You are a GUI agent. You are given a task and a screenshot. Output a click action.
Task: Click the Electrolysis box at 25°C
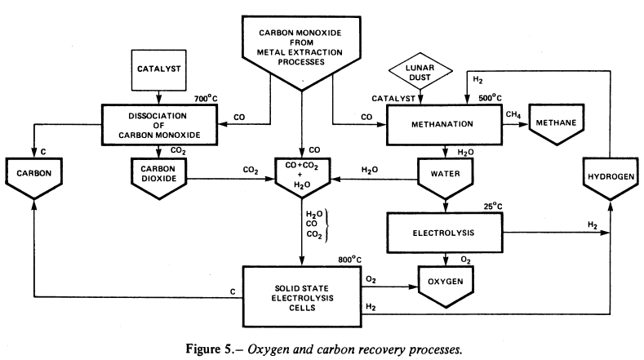pyautogui.click(x=442, y=232)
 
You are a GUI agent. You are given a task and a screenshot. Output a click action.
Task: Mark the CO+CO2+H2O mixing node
pyautogui.click(x=303, y=175)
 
